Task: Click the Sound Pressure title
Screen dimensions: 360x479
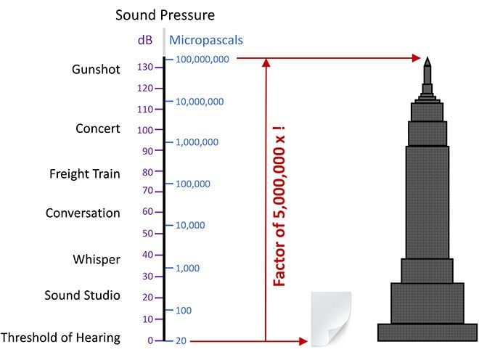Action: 165,15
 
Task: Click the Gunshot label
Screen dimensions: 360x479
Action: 97,70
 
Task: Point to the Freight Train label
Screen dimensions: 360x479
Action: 85,174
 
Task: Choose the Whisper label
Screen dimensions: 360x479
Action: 97,259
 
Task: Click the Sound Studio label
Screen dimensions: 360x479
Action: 82,295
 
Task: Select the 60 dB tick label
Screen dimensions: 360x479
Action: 147,212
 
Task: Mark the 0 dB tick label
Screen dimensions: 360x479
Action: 150,340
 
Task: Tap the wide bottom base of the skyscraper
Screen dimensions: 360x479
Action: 427,332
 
